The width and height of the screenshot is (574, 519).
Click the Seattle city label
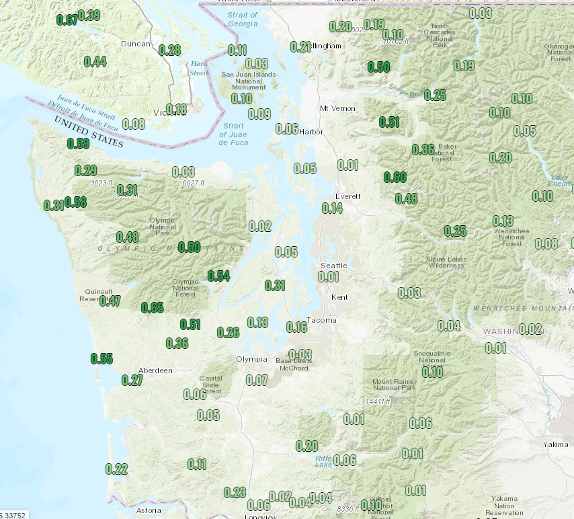point(333,266)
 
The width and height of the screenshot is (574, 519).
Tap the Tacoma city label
point(321,320)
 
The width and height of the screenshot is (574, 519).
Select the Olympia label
point(251,359)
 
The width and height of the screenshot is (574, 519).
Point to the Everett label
point(348,196)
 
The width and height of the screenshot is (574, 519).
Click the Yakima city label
point(556,444)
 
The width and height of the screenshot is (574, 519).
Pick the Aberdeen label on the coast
point(155,370)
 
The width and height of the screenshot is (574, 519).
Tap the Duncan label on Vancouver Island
point(136,44)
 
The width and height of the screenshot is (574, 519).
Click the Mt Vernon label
point(335,108)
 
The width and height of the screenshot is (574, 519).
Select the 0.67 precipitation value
point(67,19)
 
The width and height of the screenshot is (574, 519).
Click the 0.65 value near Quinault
point(153,308)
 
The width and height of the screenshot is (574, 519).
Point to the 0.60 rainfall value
point(395,177)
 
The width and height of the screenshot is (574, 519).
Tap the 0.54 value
point(218,276)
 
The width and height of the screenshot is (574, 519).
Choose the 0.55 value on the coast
point(101,358)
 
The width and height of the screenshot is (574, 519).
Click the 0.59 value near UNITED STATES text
point(79,143)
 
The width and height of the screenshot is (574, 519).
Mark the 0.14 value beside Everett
point(332,208)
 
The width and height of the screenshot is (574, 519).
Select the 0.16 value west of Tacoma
point(296,327)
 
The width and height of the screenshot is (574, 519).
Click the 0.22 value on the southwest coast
point(116,469)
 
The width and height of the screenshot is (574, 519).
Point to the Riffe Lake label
point(323,461)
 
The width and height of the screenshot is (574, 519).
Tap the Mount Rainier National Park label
point(394,385)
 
